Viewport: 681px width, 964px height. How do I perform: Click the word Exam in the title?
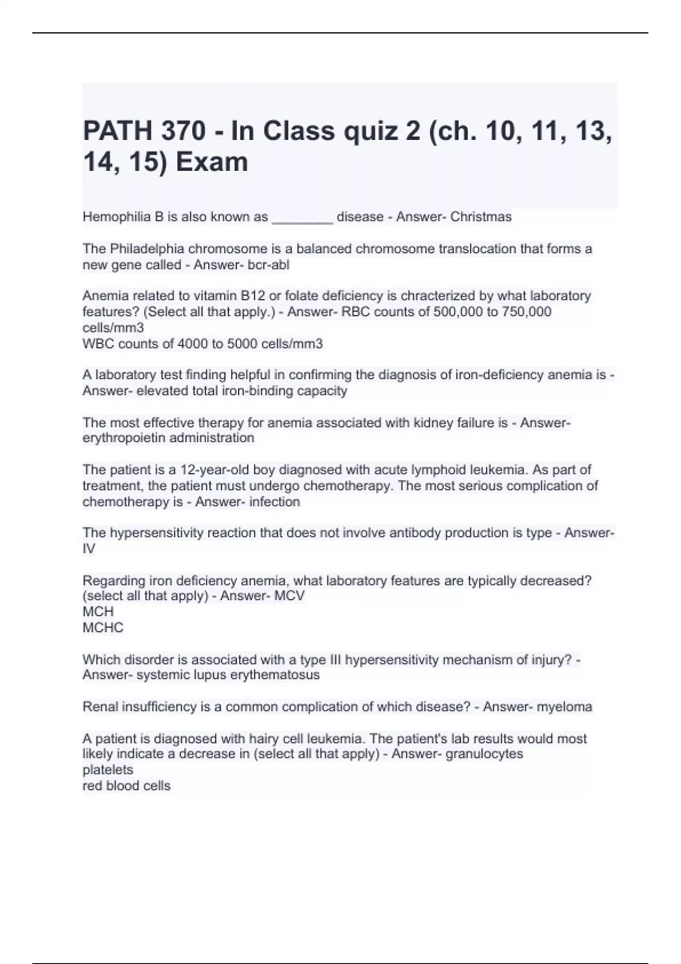(x=212, y=162)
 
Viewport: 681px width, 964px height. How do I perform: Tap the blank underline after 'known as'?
(x=302, y=219)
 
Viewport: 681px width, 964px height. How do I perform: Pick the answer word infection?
(x=275, y=502)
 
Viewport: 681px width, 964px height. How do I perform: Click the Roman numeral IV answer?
(x=89, y=549)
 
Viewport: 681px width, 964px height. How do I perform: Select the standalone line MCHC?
(x=103, y=628)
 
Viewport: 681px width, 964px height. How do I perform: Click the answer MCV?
(x=288, y=596)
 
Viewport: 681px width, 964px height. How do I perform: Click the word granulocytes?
(x=485, y=754)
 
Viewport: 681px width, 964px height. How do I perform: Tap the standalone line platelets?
(x=108, y=770)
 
